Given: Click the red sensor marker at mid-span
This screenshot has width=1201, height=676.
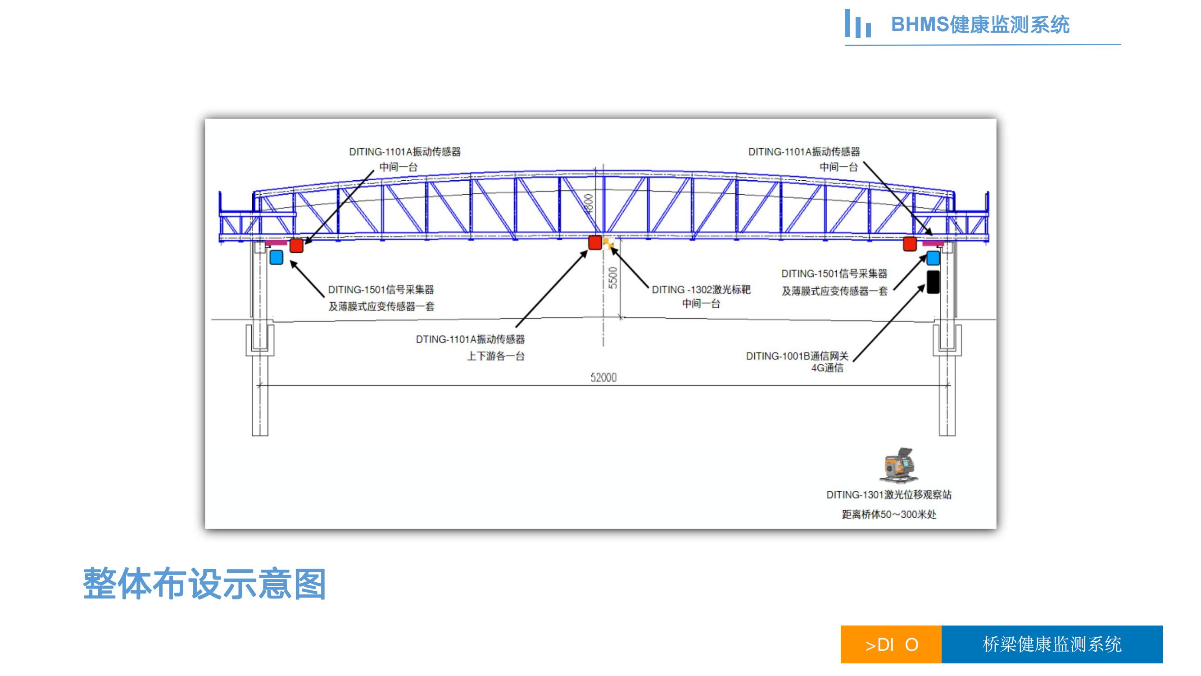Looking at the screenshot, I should (594, 242).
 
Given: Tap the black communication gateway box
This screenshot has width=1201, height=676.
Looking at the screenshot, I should (933, 282).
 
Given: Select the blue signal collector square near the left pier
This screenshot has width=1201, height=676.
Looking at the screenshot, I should (276, 257).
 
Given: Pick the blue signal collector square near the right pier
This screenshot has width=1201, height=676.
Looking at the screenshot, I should (933, 257).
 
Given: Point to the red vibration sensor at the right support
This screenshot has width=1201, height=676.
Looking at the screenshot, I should (910, 243).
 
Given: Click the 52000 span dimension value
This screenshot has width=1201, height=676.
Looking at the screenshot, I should (603, 377).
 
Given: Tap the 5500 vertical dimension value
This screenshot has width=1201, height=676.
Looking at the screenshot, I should (613, 278).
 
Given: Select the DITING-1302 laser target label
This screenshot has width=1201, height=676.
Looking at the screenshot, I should (701, 290).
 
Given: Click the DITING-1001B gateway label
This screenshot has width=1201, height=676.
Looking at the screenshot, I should (797, 356).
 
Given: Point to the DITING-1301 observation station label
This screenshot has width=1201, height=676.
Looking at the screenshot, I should (888, 494).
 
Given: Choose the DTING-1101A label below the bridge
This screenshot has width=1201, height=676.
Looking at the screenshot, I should (470, 339).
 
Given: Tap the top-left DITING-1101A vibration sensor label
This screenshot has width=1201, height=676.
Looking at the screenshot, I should (405, 151).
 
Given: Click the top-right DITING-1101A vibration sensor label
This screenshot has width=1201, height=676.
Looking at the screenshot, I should (804, 151).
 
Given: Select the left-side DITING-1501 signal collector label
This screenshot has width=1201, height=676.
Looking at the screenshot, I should (381, 290).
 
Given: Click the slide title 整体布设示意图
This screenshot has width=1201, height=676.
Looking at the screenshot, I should (204, 584).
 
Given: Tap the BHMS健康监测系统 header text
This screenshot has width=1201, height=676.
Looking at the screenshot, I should (980, 25).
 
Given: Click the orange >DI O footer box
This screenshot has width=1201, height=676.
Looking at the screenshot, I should (891, 644).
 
